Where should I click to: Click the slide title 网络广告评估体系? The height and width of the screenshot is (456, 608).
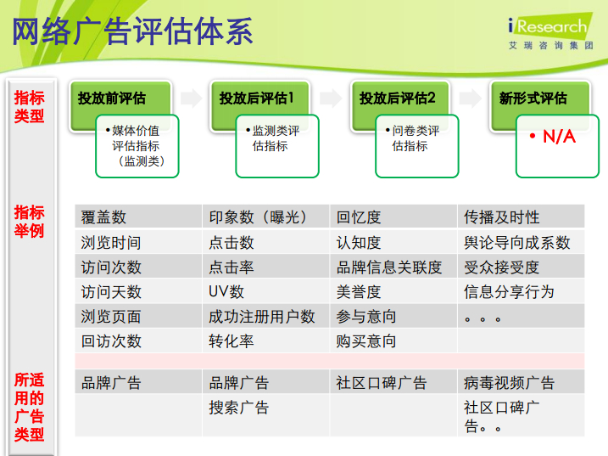point(132,31)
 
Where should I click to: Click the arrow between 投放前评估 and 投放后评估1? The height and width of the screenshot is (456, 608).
point(191,98)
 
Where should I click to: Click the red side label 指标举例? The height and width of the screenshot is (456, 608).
point(29,222)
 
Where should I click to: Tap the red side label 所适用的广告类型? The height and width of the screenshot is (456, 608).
point(29,407)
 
